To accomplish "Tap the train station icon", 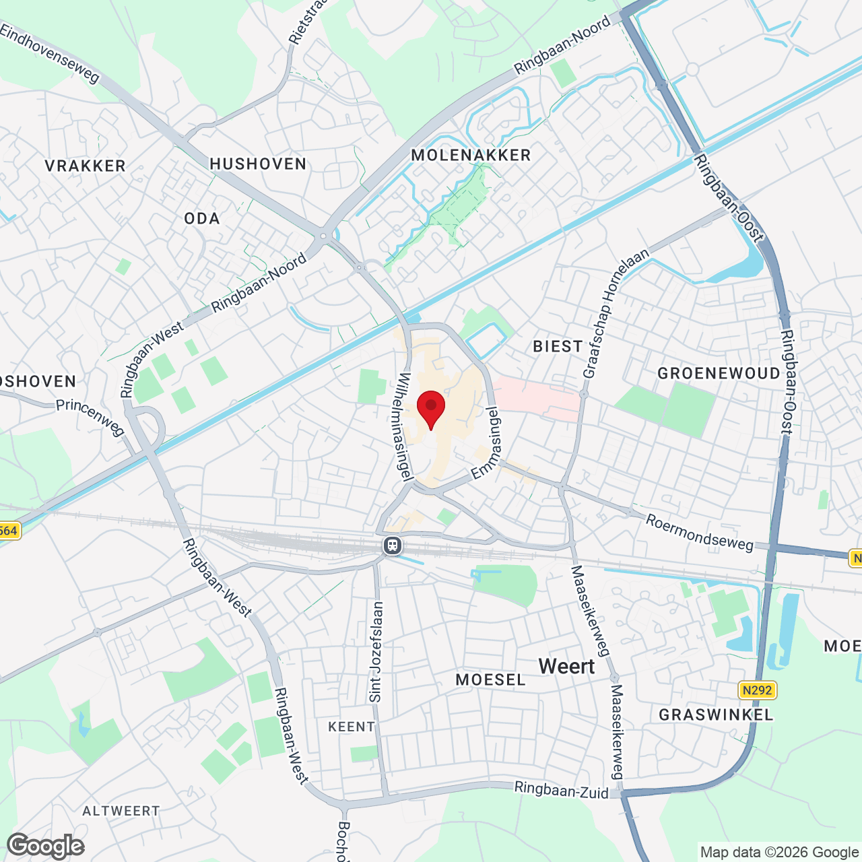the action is tap(393, 545).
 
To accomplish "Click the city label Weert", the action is tap(566, 666).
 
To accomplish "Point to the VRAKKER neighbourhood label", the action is tap(86, 166).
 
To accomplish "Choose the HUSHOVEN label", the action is tap(258, 164).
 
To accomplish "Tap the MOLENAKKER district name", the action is tap(471, 155).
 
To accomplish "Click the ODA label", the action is tap(202, 218).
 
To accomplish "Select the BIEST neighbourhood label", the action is tap(558, 346).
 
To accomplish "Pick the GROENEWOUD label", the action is tap(719, 373).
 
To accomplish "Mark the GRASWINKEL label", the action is tap(716, 715).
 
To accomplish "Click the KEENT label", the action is tap(352, 727).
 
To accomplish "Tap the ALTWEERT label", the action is tap(121, 811).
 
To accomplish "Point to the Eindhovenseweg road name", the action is tap(51, 54).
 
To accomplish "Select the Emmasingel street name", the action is tap(487, 443).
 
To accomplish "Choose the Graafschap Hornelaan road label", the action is tap(616, 313).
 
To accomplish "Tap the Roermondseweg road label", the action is tap(700, 532).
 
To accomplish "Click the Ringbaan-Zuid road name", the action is tap(562, 789).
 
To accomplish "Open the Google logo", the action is tap(46, 846).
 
